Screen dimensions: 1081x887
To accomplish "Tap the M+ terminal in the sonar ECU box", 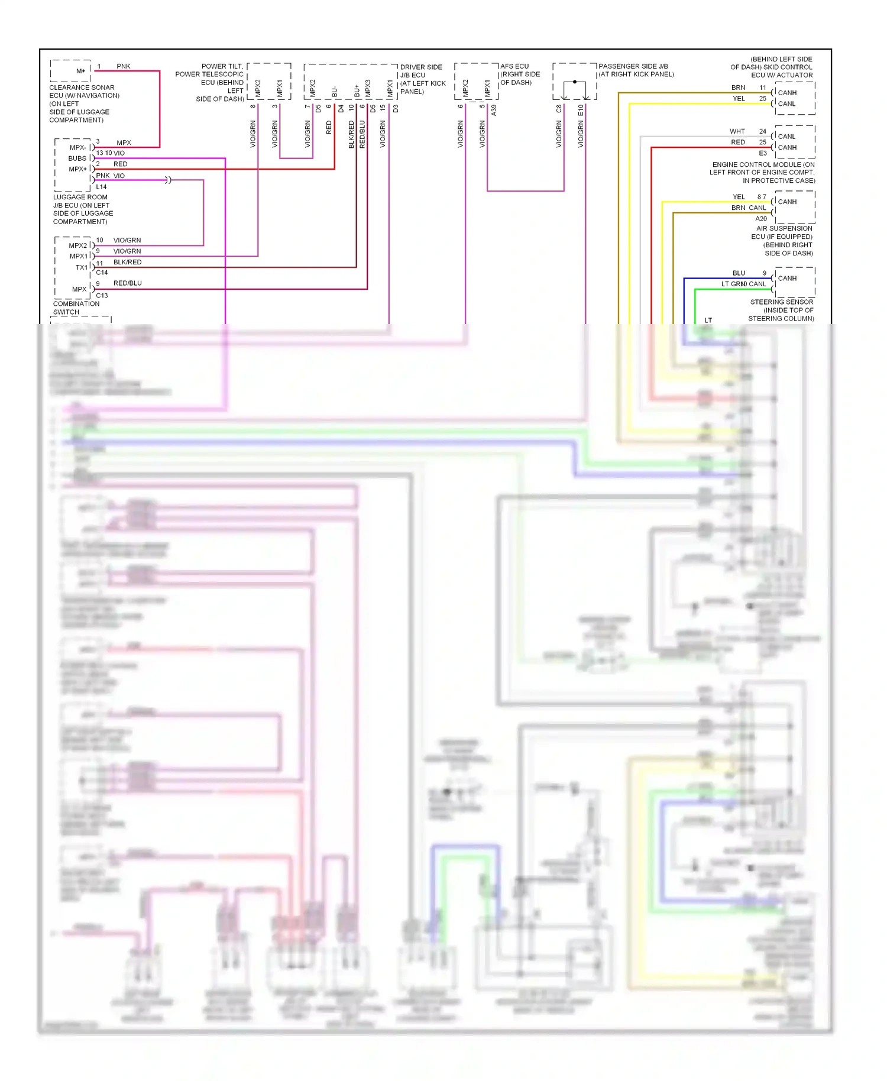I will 80,71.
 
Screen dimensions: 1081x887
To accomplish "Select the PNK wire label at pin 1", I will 123,66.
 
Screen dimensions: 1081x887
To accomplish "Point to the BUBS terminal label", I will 77,158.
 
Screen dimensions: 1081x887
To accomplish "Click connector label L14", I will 101,187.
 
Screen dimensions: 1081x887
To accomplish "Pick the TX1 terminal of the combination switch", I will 81,267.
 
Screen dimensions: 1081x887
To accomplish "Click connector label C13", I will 102,296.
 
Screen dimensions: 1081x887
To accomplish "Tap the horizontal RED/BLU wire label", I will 127,283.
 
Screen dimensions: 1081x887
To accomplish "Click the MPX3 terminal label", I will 368,88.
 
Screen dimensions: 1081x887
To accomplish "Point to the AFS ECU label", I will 514,66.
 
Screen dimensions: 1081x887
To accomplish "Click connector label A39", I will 494,110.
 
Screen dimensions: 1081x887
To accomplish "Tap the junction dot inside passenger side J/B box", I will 574,82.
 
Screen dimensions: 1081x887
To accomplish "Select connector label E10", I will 581,110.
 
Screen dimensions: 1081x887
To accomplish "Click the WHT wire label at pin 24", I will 737,131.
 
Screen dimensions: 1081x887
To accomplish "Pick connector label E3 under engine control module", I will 763,153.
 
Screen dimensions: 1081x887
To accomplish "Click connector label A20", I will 760,219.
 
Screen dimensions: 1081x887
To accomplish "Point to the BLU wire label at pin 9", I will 739,273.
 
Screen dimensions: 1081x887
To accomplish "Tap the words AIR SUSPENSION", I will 784,228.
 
